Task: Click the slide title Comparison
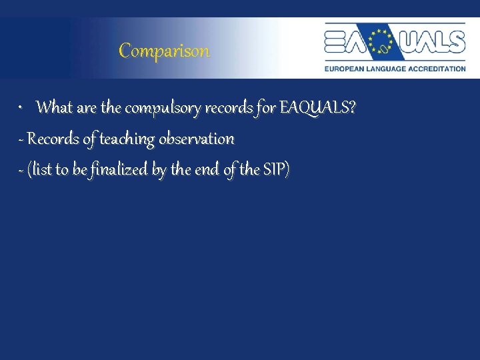point(164,51)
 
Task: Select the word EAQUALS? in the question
point(317,107)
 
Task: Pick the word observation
point(196,139)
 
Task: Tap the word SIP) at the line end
point(276,170)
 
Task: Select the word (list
point(40,170)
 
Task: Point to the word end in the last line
point(207,170)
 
